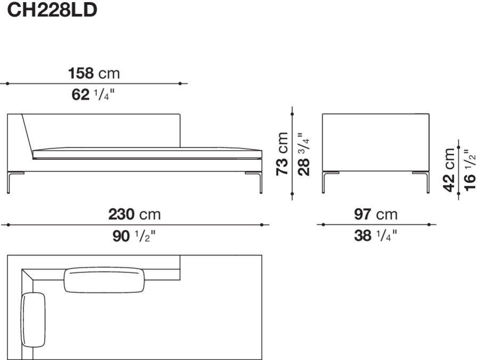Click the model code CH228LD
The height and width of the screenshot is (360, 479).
click(x=51, y=11)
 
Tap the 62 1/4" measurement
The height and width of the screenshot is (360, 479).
click(x=94, y=96)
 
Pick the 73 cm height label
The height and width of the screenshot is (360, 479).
click(x=283, y=154)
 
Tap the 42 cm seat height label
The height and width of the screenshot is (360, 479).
click(x=450, y=169)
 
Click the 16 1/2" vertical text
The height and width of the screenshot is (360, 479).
click(x=469, y=168)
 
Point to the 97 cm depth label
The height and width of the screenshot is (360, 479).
click(x=376, y=215)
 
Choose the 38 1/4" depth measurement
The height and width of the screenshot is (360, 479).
click(x=376, y=236)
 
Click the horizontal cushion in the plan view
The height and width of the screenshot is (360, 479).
click(x=105, y=280)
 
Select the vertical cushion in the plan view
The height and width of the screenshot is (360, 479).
click(x=34, y=320)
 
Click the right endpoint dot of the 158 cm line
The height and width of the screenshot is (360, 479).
click(x=180, y=84)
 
